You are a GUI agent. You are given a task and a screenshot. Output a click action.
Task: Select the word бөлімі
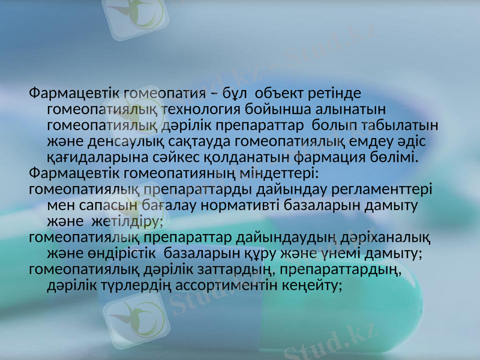coord(392,157)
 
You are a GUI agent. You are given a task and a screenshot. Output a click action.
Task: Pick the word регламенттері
coord(381,189)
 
